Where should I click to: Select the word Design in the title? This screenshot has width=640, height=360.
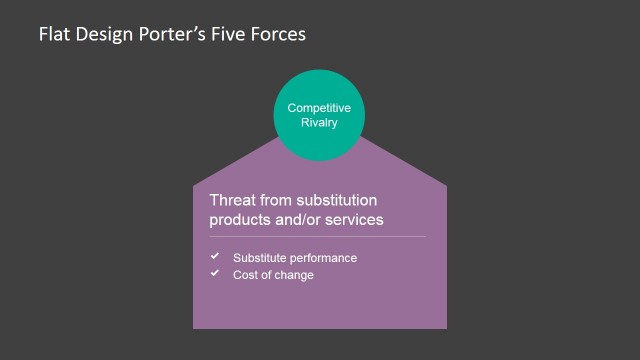click(x=101, y=34)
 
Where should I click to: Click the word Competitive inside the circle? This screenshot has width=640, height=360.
click(x=319, y=107)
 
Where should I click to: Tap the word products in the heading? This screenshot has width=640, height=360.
click(x=242, y=220)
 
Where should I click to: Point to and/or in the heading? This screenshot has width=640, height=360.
click(x=307, y=220)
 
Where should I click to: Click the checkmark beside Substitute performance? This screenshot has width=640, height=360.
click(x=214, y=257)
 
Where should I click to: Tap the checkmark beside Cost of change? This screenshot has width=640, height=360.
click(x=214, y=273)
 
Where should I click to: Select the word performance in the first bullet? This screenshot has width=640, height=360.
click(x=323, y=258)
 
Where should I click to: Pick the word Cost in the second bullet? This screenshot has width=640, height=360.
click(x=245, y=274)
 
